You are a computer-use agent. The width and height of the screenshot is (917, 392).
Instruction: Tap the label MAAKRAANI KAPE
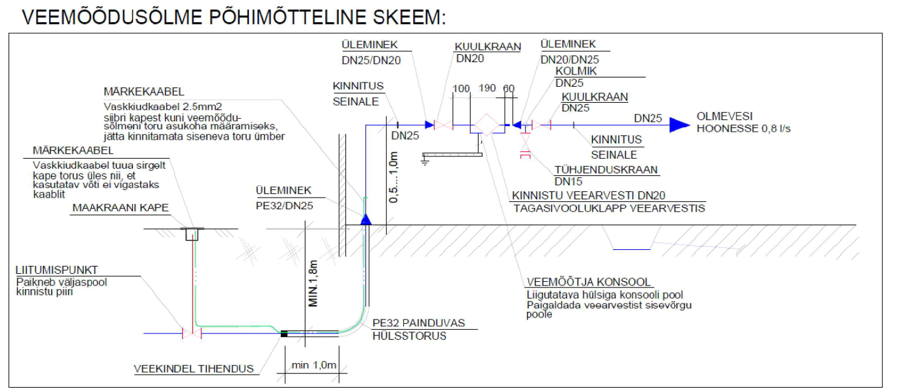(120, 208)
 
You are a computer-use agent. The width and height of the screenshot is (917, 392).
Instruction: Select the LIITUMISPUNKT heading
(57, 270)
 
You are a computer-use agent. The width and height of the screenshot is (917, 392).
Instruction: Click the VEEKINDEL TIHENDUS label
(194, 369)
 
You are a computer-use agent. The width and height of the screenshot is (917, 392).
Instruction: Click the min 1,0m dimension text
(314, 365)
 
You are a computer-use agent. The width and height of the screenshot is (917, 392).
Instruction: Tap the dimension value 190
(487, 88)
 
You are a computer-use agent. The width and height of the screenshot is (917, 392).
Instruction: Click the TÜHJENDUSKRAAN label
(606, 170)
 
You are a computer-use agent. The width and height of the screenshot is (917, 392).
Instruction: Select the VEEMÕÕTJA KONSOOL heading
(588, 282)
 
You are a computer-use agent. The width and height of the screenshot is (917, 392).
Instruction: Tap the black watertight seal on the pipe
(284, 334)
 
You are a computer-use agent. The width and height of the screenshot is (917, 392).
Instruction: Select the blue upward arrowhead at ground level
(365, 218)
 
